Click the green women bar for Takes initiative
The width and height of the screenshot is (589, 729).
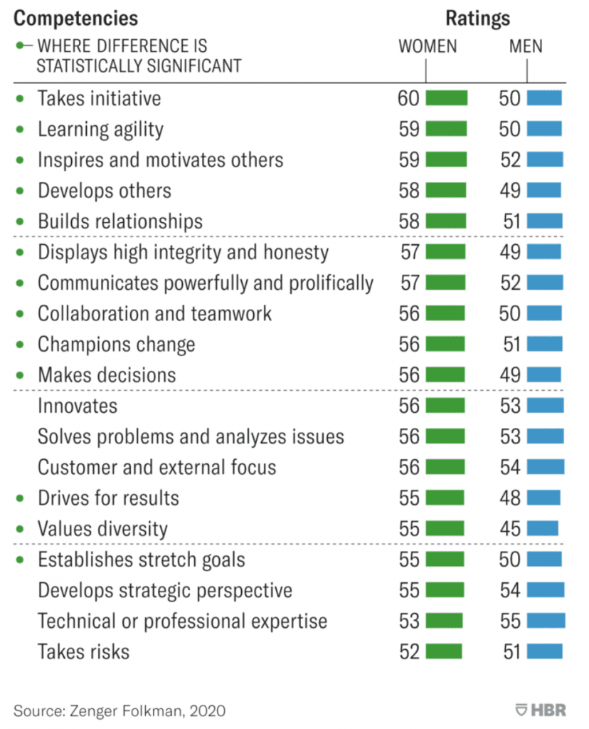pyautogui.click(x=446, y=98)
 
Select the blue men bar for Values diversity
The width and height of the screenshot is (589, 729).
pyautogui.click(x=543, y=529)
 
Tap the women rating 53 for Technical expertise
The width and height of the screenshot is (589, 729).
pyautogui.click(x=409, y=621)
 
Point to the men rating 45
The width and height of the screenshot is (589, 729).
pyautogui.click(x=510, y=529)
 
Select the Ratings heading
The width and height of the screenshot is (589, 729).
pyautogui.click(x=478, y=18)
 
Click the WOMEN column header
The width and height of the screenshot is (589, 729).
pyautogui.click(x=427, y=47)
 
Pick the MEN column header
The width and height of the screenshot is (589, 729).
pyautogui.click(x=526, y=47)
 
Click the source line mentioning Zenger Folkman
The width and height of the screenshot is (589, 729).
pyautogui.click(x=120, y=710)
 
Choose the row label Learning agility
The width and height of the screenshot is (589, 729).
pyautogui.click(x=100, y=130)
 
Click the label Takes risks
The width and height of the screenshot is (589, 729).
pyautogui.click(x=83, y=651)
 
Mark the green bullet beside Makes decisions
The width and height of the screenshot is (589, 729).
pyautogui.click(x=20, y=375)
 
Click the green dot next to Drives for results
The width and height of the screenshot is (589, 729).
pyautogui.click(x=20, y=498)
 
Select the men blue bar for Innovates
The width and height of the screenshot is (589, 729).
pyautogui.click(x=546, y=406)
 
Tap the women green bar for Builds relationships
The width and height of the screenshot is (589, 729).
pyautogui.click(x=445, y=221)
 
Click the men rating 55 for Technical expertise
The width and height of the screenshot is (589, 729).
pyautogui.click(x=510, y=621)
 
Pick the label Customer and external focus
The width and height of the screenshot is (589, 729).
pyautogui.click(x=156, y=468)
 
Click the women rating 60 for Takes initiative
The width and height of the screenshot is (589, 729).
pyautogui.click(x=409, y=98)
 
